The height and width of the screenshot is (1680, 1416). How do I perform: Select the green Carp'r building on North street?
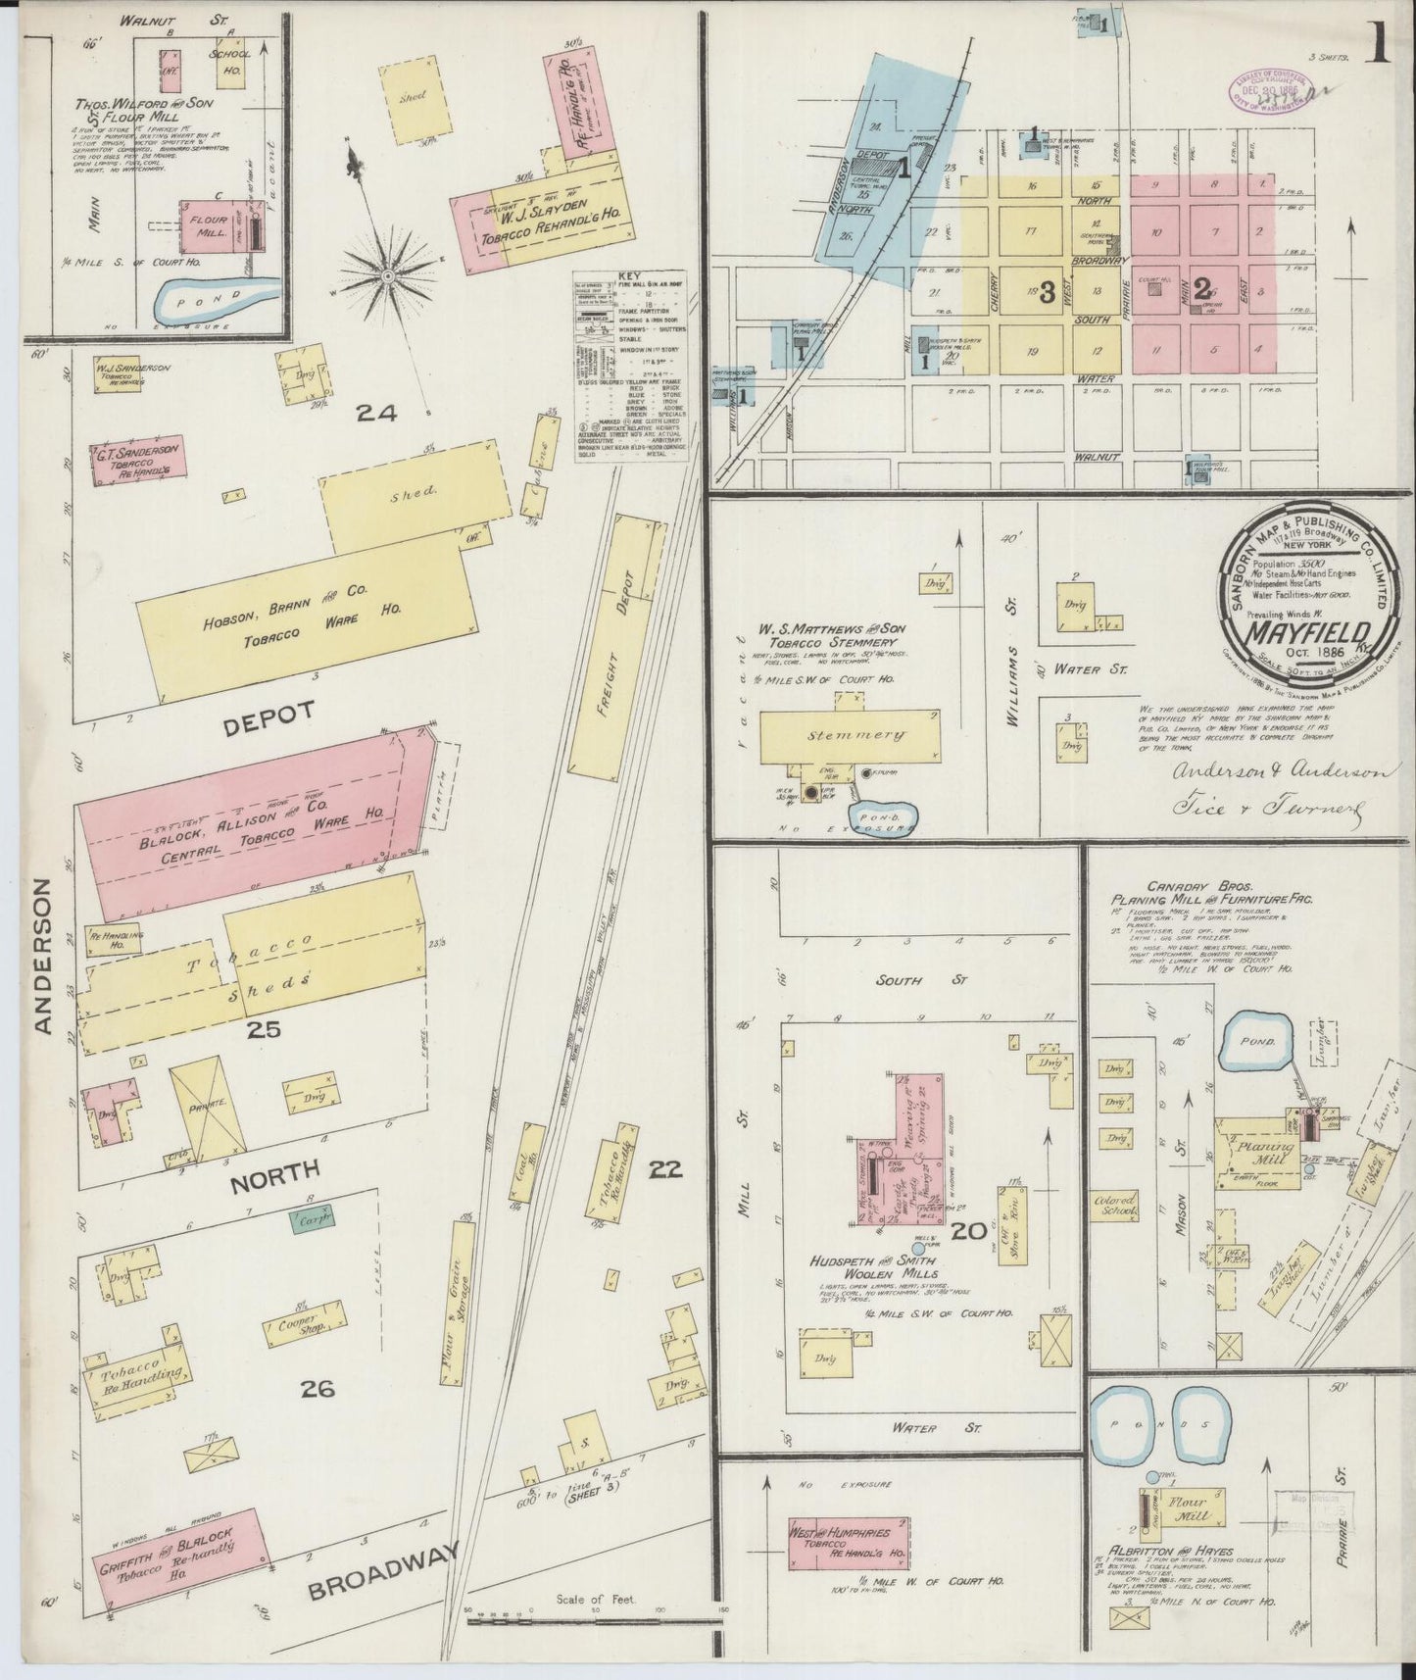click(x=311, y=1220)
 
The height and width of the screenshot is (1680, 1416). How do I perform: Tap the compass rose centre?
click(x=388, y=276)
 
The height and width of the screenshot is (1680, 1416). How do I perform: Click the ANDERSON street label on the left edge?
click(x=42, y=955)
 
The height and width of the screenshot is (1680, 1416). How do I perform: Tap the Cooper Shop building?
click(x=305, y=1326)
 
